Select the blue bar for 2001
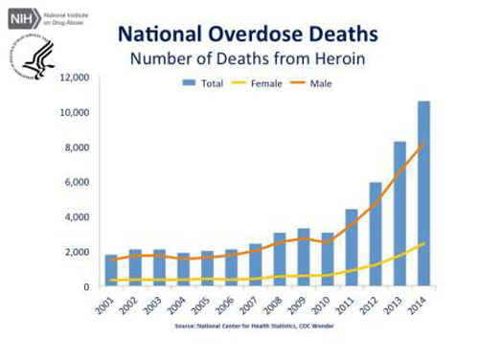click(x=112, y=271)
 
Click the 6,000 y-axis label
click(x=77, y=182)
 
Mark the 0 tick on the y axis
click(x=86, y=287)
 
